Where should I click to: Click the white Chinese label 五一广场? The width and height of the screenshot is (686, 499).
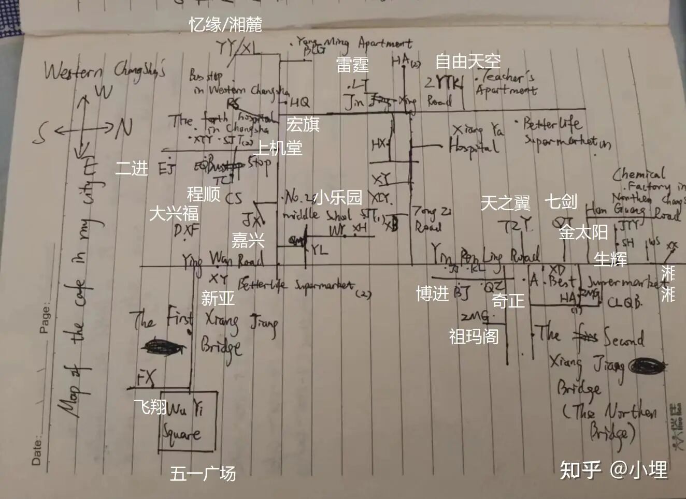pos(203,473)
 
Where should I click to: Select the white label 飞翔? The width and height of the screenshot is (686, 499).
pos(150,407)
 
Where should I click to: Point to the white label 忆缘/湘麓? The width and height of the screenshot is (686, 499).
pos(225,24)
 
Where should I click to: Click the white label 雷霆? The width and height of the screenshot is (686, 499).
pos(352,65)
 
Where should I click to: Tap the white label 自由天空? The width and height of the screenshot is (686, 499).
pos(468,61)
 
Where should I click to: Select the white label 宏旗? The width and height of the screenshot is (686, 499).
pos(303,124)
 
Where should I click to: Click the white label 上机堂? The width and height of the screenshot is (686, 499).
pos(279,149)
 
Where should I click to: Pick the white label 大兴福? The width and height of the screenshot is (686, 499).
pos(174,213)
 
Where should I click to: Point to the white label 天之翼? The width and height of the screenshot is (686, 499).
pos(505,203)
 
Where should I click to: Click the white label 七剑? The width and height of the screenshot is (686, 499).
pos(561,201)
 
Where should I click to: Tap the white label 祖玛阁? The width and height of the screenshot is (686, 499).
pos(474,336)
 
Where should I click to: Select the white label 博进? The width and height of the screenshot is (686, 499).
pos(432,293)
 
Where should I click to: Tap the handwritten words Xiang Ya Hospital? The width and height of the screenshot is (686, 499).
pos(476,139)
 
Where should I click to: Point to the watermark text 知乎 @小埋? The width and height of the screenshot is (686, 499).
pos(613,469)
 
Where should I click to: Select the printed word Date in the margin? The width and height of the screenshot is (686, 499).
pos(37,450)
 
